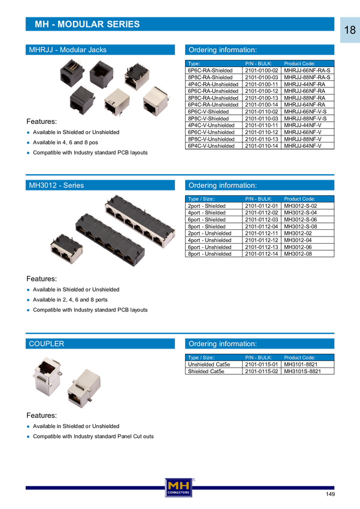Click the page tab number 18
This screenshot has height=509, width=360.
coord(350,30)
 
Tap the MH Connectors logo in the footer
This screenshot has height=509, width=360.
coord(179,487)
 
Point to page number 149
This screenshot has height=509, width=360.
coord(330,494)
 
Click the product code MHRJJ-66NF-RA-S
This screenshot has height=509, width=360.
coord(307,71)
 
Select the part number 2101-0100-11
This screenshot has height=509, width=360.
coord(261,84)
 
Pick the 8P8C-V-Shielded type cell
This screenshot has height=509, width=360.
coord(208,119)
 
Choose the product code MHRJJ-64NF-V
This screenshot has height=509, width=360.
coord(302,146)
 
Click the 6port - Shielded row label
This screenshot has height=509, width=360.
coord(207,219)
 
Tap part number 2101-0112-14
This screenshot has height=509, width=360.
coord(261,254)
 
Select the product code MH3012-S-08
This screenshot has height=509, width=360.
coord(300,226)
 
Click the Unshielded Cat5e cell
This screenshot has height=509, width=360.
coord(208,364)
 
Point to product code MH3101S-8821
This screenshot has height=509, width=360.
coord(302,371)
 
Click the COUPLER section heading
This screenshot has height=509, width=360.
coord(46,344)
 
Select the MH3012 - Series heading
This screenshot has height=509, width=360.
coord(56,186)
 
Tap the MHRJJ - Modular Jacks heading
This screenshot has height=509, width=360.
coord(68,50)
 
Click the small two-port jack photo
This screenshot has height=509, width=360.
coord(66,249)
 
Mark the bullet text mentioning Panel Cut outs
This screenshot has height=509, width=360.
coord(93,437)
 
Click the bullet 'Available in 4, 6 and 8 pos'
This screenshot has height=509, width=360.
coord(65,143)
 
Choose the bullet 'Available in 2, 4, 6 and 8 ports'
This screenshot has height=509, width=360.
coord(70,299)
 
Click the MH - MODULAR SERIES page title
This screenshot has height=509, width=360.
coord(87,25)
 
